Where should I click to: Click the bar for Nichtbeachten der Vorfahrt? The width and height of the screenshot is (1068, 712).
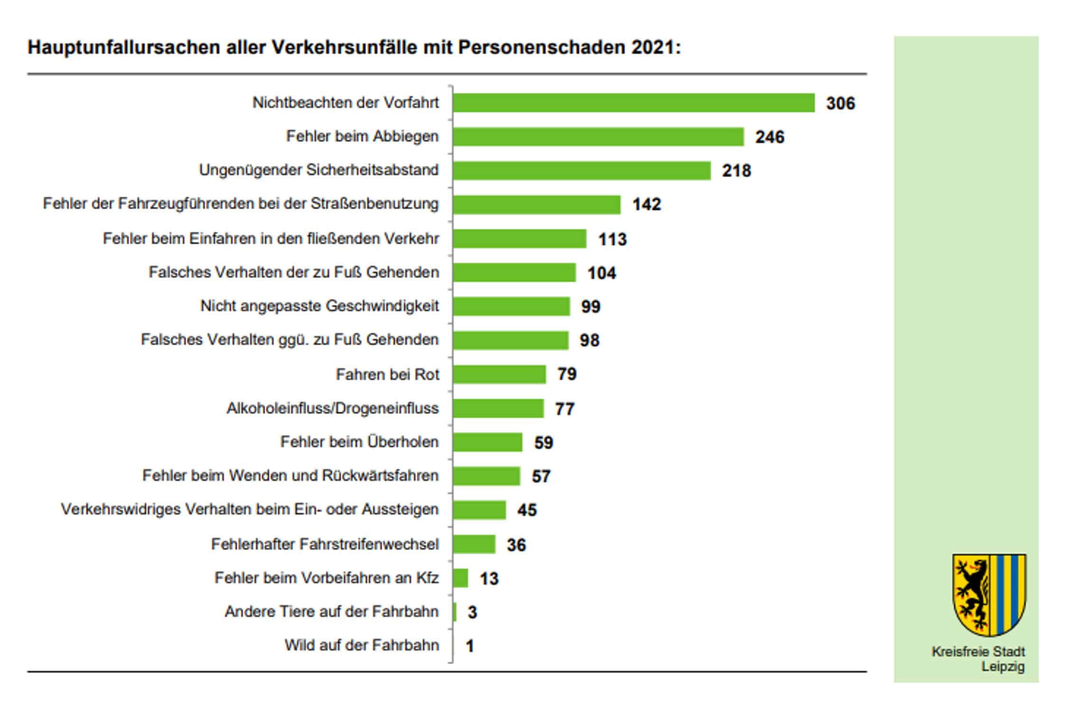633,103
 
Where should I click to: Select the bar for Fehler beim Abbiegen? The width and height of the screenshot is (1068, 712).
598,137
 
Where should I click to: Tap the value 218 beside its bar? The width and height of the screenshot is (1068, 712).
736,170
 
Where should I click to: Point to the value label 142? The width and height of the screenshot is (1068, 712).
646,205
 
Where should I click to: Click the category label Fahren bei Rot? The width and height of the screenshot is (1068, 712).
387,375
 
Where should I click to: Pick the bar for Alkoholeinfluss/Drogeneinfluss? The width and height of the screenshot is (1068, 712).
498,408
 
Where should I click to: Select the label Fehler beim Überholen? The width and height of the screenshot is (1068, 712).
359,442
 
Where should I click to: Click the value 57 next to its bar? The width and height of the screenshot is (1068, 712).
541,476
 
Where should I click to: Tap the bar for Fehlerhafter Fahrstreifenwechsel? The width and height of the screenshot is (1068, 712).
474,544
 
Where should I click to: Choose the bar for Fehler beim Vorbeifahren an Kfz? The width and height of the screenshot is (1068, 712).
460,578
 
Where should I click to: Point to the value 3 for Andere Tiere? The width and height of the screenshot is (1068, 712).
472,612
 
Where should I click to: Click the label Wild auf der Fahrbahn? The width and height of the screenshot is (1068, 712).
362,646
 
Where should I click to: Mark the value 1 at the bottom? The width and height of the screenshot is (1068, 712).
469,646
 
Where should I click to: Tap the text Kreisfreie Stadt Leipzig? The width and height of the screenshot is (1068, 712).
978,659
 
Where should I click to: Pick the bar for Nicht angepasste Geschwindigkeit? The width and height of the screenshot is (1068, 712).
511,306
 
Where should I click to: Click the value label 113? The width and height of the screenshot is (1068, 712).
612,239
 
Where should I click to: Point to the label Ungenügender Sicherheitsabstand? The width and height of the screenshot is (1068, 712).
319,170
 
